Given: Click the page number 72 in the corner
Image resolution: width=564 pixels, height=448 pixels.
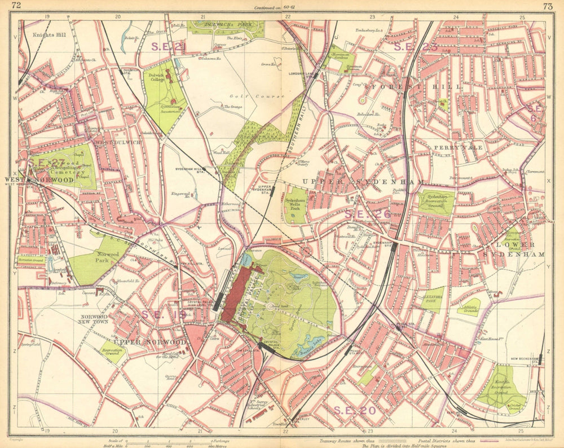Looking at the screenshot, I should tap(16, 6).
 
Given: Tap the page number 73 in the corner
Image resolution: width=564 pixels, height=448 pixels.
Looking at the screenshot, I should tap(547, 6).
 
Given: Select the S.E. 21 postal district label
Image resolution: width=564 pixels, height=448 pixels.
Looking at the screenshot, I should tap(166, 47).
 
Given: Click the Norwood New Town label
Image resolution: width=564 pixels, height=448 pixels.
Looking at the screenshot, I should tap(94, 320).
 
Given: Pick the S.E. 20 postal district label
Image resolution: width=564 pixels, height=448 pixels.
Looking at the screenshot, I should tap(354, 410).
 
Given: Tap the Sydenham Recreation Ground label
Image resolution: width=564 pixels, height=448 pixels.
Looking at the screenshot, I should tap(435, 201).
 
